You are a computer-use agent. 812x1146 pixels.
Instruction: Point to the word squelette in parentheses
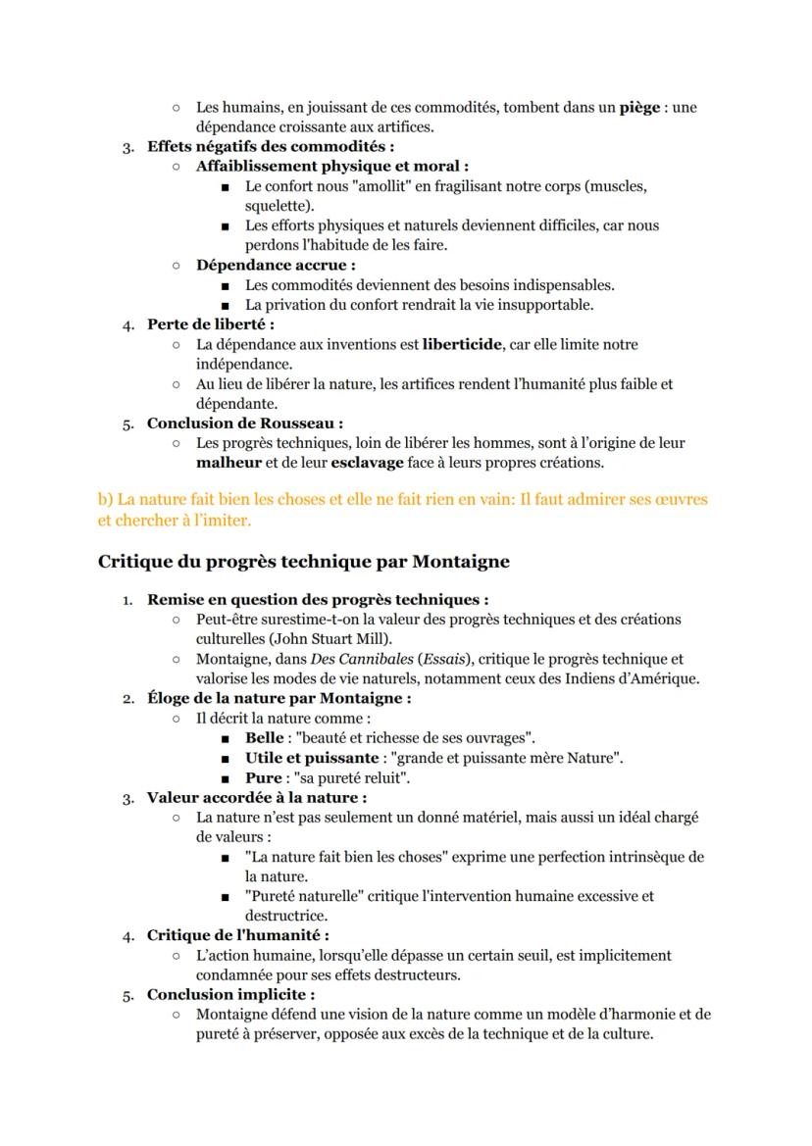(277, 206)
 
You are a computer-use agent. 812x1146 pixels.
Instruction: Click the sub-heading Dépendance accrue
(275, 265)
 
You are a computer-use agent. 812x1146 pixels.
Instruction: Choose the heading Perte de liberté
(210, 324)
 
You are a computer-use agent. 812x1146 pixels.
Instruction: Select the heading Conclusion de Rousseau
(244, 424)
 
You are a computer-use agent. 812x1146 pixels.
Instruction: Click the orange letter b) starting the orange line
(105, 500)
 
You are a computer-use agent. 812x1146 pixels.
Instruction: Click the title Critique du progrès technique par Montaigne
(303, 562)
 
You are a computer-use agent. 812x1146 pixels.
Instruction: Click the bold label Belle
(264, 737)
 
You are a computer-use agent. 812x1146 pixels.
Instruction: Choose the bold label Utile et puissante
(311, 758)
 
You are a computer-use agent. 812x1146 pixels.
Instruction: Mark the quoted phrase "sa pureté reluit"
(352, 777)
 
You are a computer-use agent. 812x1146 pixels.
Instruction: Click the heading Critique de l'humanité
(237, 935)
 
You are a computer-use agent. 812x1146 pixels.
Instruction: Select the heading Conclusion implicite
(230, 994)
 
